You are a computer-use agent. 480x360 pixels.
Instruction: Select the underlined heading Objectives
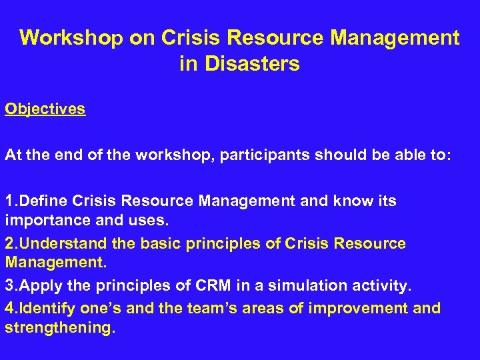[x=45, y=109]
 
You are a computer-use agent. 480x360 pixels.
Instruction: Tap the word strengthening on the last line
[x=59, y=329]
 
